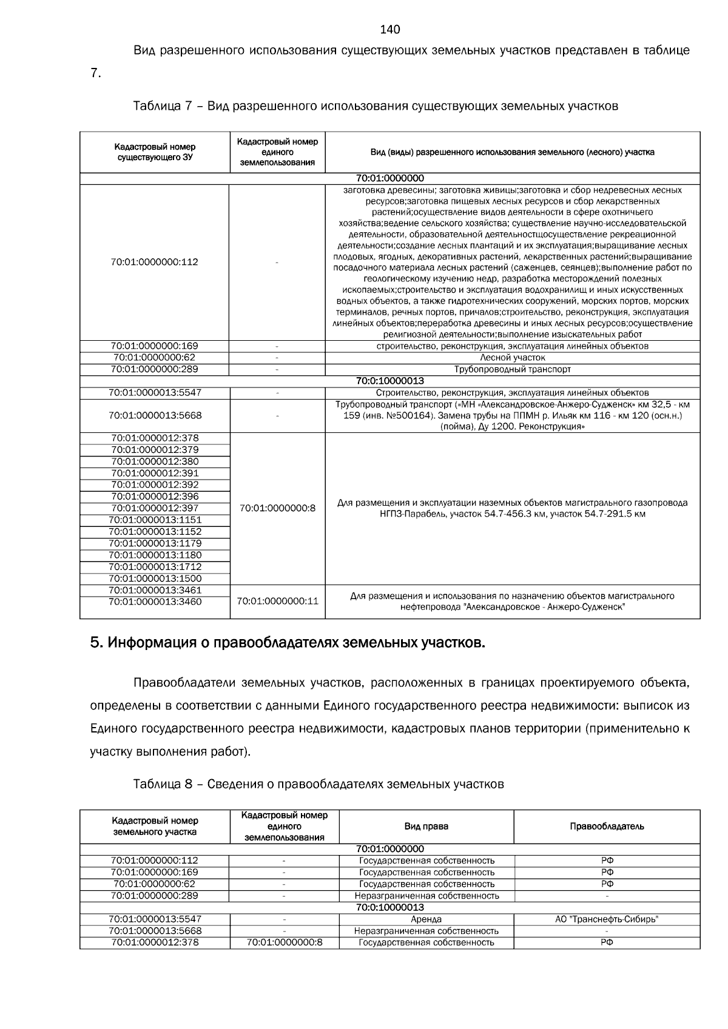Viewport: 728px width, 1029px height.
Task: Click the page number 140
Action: [x=389, y=30]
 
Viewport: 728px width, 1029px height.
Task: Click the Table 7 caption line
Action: [x=375, y=107]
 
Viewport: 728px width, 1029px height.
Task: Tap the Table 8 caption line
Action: [x=318, y=784]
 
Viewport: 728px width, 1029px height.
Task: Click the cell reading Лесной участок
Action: [x=512, y=358]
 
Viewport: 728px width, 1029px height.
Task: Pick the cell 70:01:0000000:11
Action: [x=277, y=602]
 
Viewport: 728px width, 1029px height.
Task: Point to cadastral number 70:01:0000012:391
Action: [x=155, y=473]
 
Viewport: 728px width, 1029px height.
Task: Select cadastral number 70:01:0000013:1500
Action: [x=155, y=578]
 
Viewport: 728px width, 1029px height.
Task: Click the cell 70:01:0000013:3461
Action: [x=155, y=590]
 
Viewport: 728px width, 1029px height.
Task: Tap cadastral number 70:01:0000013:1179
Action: [x=155, y=543]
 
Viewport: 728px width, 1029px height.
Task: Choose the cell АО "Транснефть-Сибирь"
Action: [x=607, y=919]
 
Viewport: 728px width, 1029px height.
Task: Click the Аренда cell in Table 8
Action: [x=426, y=919]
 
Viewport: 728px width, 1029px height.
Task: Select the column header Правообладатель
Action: [x=607, y=826]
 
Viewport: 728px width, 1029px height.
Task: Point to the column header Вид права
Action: [x=426, y=826]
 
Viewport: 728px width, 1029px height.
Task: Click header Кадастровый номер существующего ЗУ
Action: [x=155, y=152]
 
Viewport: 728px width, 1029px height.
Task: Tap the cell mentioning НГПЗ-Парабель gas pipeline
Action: [x=512, y=508]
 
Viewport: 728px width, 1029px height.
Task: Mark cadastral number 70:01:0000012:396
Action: [x=155, y=497]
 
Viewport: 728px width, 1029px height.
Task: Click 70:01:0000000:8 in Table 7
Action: [x=277, y=508]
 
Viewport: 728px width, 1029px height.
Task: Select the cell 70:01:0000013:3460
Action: [x=155, y=602]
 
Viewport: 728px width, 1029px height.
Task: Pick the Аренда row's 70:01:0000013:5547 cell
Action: [x=155, y=919]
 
